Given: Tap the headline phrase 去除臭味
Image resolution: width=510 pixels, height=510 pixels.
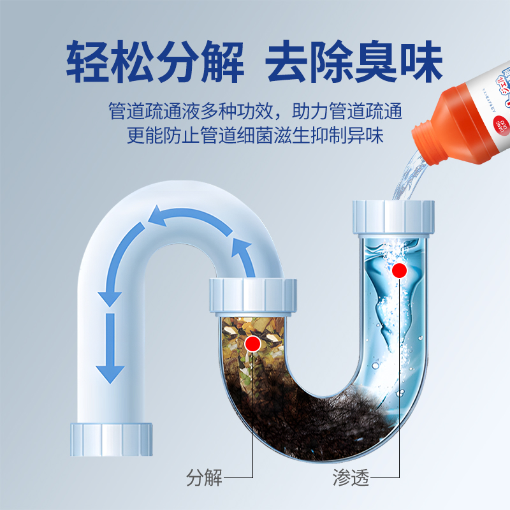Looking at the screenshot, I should click(x=353, y=62).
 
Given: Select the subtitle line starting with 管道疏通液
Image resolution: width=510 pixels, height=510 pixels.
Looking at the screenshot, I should click(x=255, y=112).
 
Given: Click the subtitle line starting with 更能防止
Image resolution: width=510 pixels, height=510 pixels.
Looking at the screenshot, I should click(x=255, y=136).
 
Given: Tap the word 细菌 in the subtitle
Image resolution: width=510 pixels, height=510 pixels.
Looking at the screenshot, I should click(x=279, y=136).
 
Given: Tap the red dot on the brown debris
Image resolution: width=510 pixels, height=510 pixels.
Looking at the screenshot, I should click(x=253, y=344).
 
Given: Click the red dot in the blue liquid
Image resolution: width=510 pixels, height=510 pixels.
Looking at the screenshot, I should click(x=400, y=270).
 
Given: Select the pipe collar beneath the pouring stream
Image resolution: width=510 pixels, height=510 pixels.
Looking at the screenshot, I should click(x=393, y=217).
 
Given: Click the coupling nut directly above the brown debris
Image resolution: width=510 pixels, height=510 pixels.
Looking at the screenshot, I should click(x=253, y=296).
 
